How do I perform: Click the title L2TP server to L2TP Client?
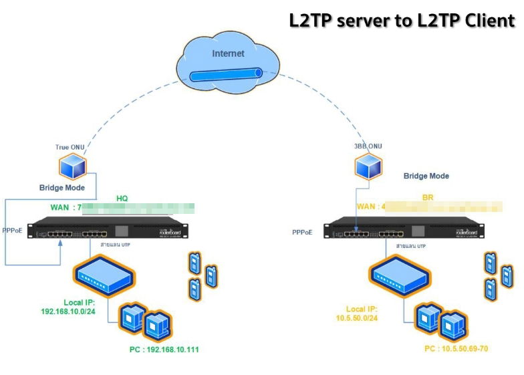click(x=402, y=20)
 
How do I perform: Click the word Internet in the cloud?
click(x=229, y=53)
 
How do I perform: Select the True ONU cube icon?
click(x=72, y=165)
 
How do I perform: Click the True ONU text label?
click(x=71, y=147)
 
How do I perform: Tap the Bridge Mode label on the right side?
click(x=426, y=176)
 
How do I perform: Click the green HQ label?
click(x=122, y=199)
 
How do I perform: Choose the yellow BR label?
click(x=428, y=199)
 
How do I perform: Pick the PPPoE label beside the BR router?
click(x=301, y=233)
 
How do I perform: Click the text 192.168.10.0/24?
click(x=69, y=311)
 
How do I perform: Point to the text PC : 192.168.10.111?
click(x=164, y=349)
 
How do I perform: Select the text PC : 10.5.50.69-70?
click(x=456, y=348)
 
